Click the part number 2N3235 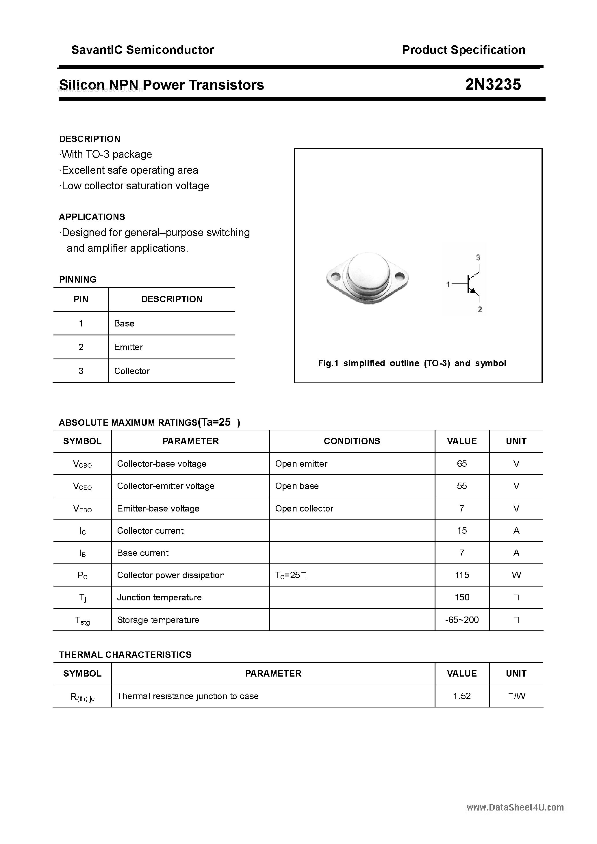coord(493,85)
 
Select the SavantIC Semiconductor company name coord(142,50)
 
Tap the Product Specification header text coord(463,50)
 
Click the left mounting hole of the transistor coord(336,276)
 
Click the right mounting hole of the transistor coord(400,275)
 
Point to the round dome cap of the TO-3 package coord(368,272)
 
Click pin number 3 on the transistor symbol coord(478,258)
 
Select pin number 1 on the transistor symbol coord(448,284)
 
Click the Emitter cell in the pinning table coord(129,347)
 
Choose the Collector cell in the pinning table coord(132,371)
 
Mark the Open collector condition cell coord(304,508)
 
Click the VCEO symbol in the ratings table coord(82,486)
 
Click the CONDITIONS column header coord(352,441)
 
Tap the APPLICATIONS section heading coord(92,217)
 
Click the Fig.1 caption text coord(412,363)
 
